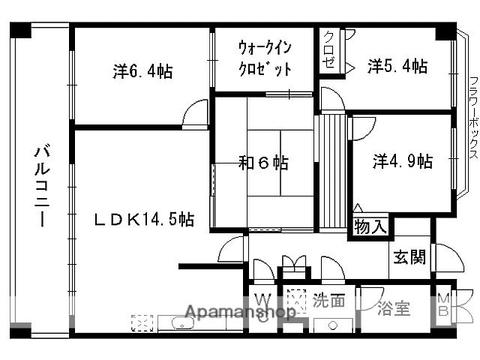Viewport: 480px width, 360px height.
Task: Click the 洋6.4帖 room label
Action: coord(143,72)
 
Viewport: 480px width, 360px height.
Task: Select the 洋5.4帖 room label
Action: coord(397,67)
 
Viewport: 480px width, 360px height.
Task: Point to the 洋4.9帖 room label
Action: coord(403,160)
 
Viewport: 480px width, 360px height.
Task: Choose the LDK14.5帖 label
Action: coord(144,219)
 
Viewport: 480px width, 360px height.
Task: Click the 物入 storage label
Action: coord(370,226)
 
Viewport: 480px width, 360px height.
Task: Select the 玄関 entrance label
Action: coord(409,257)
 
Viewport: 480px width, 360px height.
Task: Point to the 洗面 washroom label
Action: coord(329,301)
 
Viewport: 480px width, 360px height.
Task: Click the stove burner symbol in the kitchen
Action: coord(141,323)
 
